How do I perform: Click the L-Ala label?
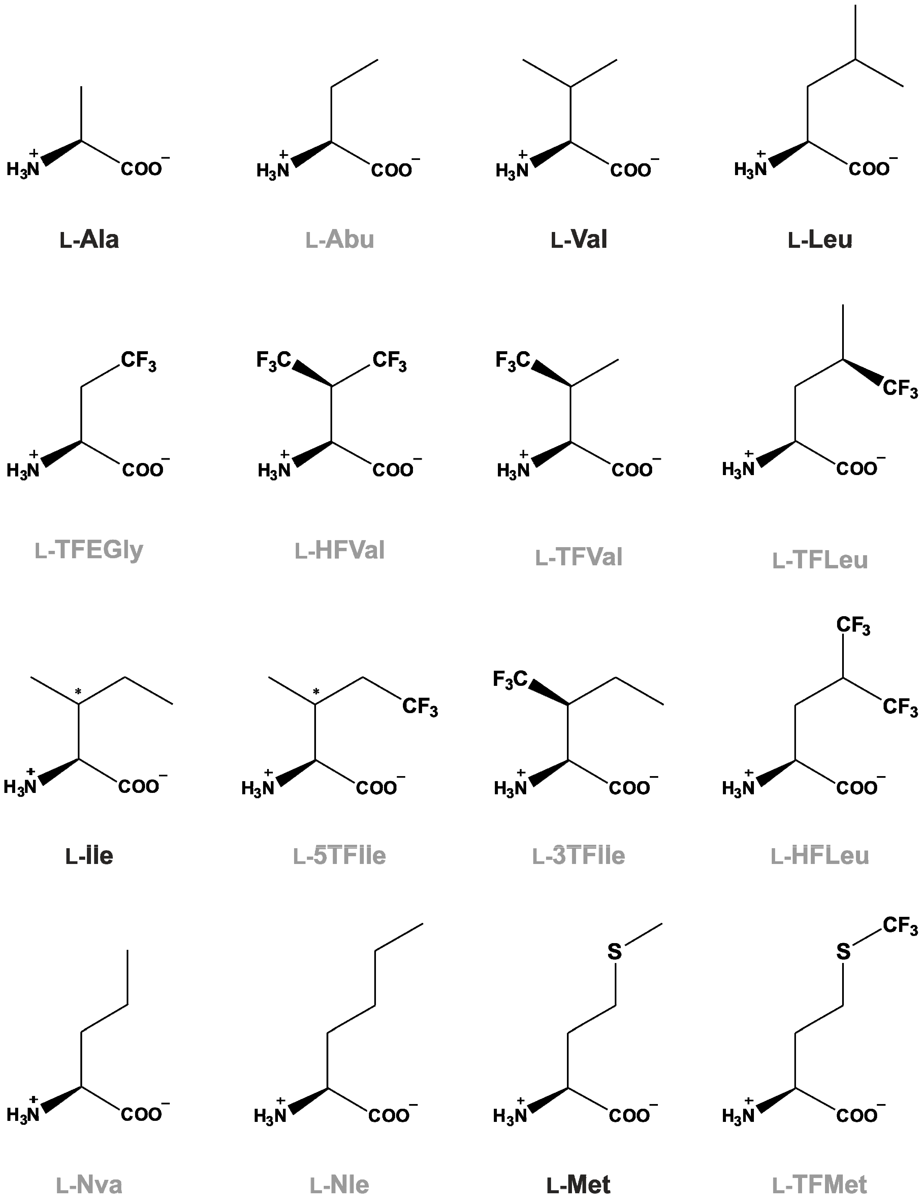pos(89,239)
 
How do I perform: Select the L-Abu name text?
pos(340,239)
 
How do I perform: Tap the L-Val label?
pos(579,239)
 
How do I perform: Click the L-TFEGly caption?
pos(89,550)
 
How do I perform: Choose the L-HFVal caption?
pos(340,551)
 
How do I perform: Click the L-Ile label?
pos(89,856)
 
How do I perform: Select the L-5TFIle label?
pos(340,856)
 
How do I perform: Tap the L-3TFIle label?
pos(579,856)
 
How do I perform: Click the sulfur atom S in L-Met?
pos(614,952)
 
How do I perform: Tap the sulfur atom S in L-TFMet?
pos(843,952)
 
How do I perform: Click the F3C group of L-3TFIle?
pos(510,680)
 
